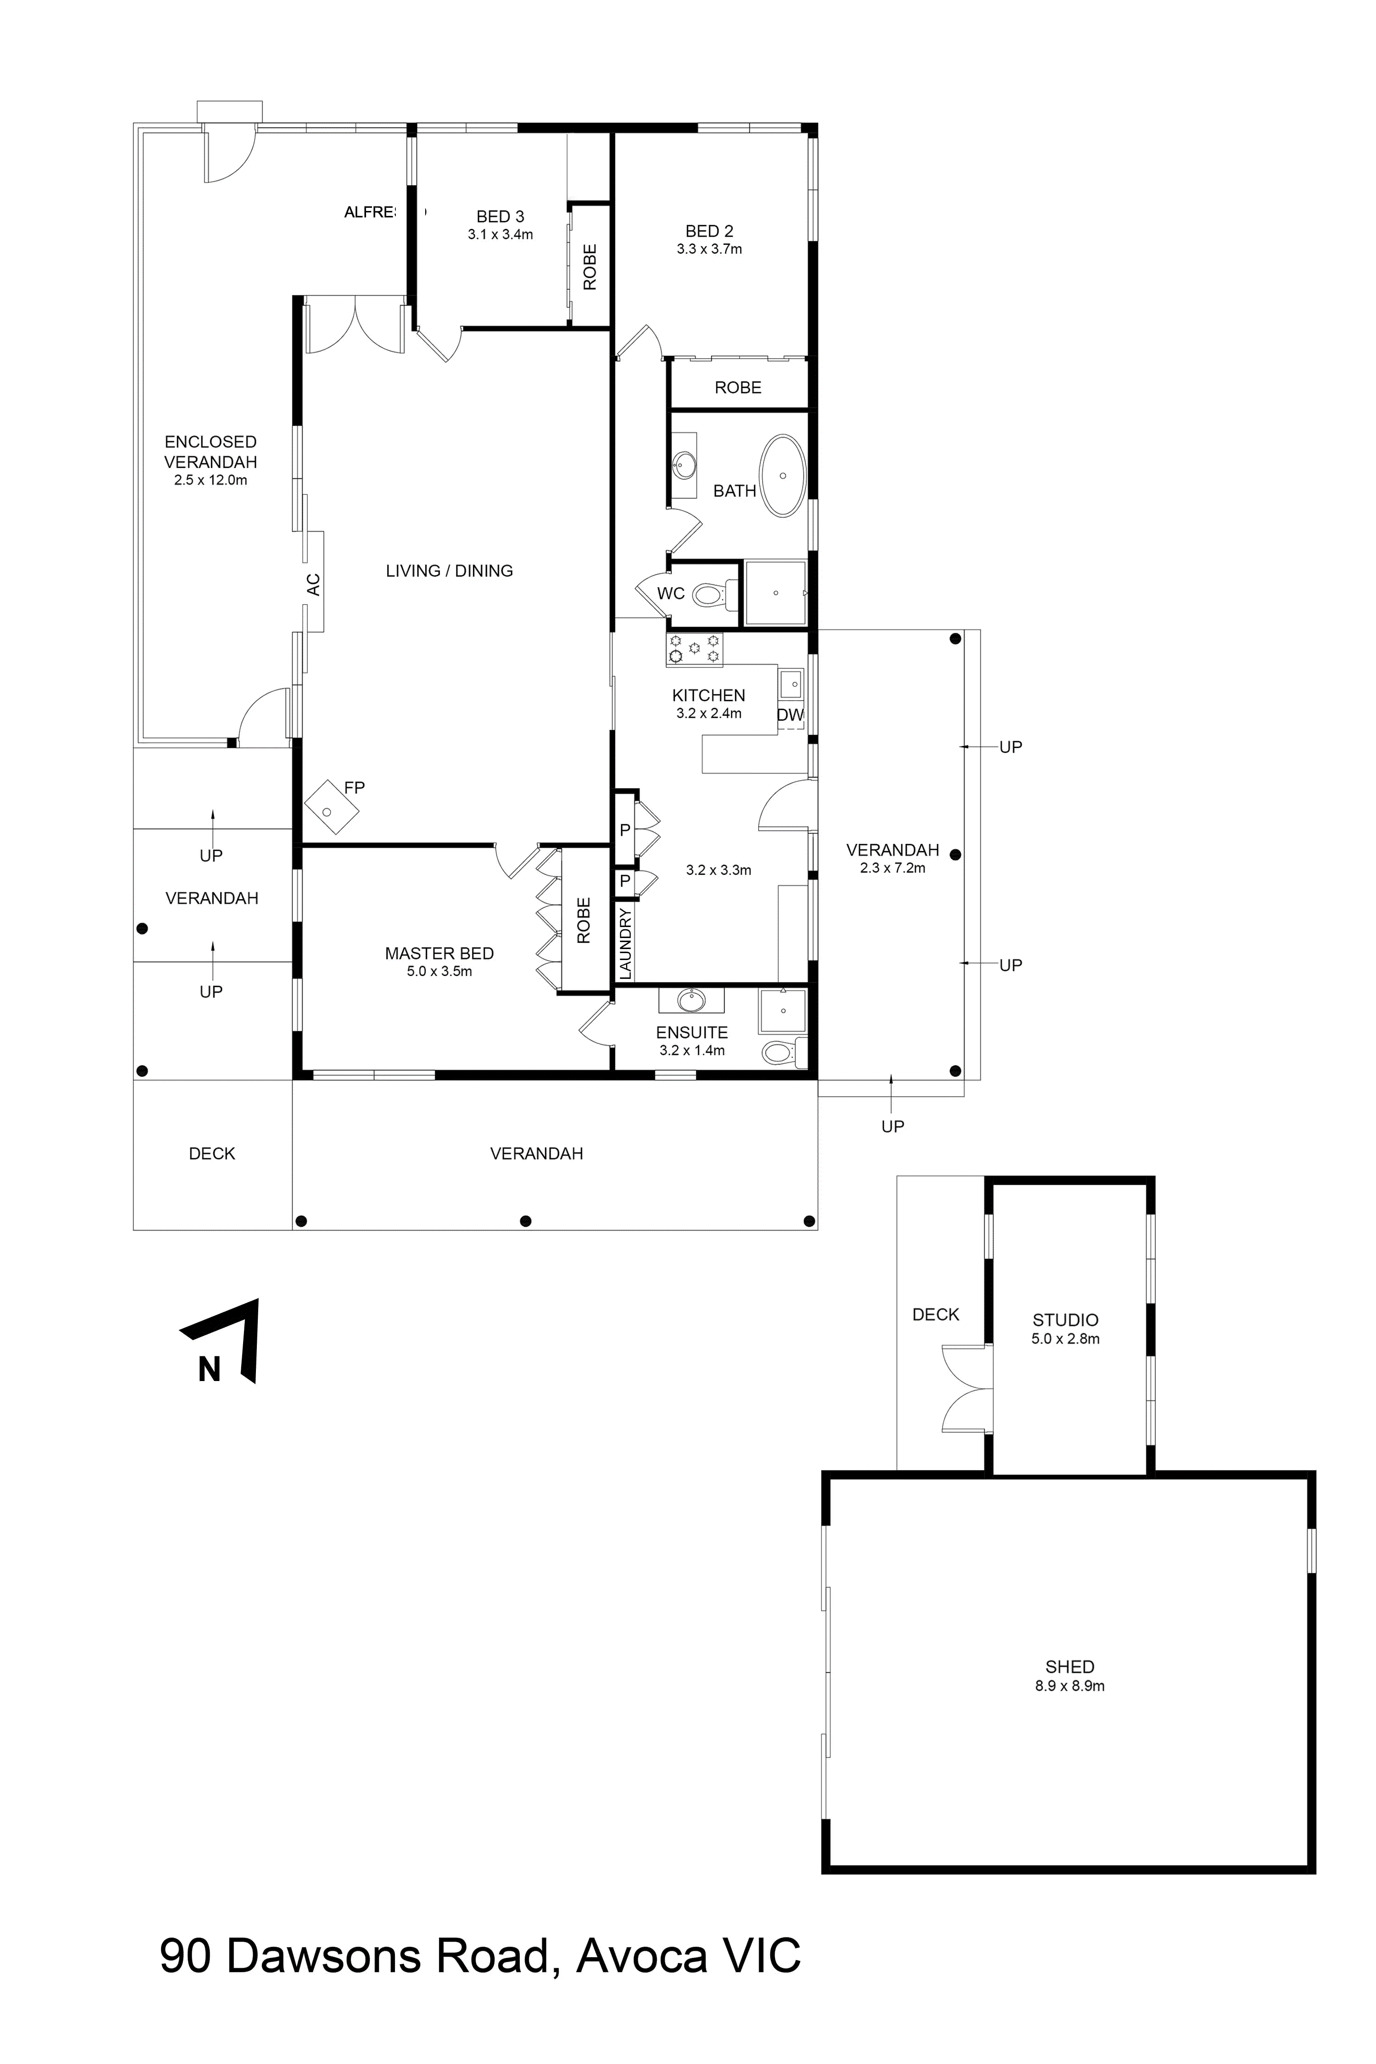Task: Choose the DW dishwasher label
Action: click(x=790, y=715)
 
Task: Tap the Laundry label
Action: click(x=625, y=943)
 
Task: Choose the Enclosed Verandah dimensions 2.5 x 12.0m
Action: click(x=211, y=480)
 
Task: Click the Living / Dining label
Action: click(x=449, y=571)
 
